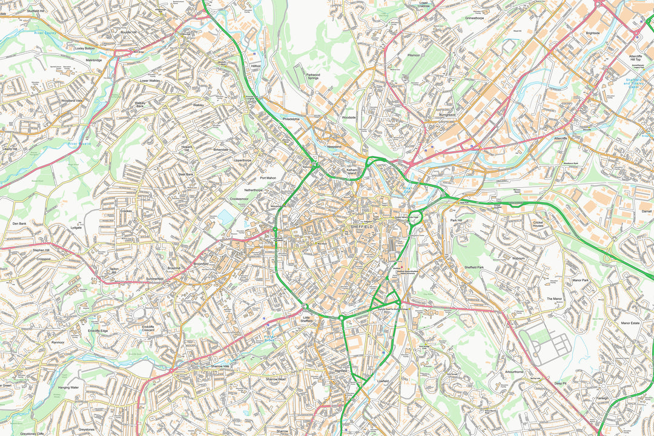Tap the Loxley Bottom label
point(85,48)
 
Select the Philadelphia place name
point(291,119)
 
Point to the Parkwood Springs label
point(312,76)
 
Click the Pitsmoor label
point(414,55)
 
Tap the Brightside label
point(593,33)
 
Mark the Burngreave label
point(448,114)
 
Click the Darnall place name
point(646,211)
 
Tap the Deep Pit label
point(560,383)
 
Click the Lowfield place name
point(383,381)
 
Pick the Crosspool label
point(44,259)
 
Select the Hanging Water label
point(68,388)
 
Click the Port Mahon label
point(268,178)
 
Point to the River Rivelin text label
point(80,144)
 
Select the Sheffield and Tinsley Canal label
point(639,82)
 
